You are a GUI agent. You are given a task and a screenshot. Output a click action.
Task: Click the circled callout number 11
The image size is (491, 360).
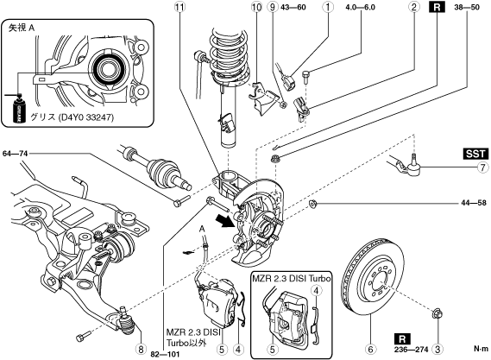point(180,7)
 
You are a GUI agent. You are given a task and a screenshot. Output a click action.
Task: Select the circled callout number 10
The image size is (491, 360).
point(256,7)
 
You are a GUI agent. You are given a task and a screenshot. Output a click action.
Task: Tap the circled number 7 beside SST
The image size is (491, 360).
point(483,167)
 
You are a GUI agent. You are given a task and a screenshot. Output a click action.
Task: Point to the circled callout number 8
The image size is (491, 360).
point(141,349)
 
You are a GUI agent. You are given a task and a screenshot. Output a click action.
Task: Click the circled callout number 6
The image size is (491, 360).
point(370,349)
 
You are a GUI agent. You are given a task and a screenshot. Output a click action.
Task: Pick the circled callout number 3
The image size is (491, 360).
point(437,349)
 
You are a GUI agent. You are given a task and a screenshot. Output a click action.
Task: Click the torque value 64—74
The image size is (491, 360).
point(15,154)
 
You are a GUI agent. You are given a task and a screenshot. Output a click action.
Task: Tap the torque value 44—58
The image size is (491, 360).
point(474,203)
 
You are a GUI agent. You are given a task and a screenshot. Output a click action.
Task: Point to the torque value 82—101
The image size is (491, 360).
point(165,354)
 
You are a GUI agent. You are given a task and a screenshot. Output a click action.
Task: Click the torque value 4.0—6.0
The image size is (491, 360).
point(361,7)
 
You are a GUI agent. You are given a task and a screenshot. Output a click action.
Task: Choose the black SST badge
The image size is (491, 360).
point(475,154)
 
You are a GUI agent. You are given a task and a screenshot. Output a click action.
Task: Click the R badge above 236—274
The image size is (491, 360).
point(403,338)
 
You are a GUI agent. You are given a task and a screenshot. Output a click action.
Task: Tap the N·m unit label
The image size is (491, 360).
point(481,349)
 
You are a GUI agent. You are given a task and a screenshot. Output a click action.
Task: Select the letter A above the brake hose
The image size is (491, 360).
point(202,230)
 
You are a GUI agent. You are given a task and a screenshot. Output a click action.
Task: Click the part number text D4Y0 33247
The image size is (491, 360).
point(85,117)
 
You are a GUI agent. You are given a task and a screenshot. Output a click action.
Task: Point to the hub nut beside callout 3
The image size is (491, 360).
point(437,313)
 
